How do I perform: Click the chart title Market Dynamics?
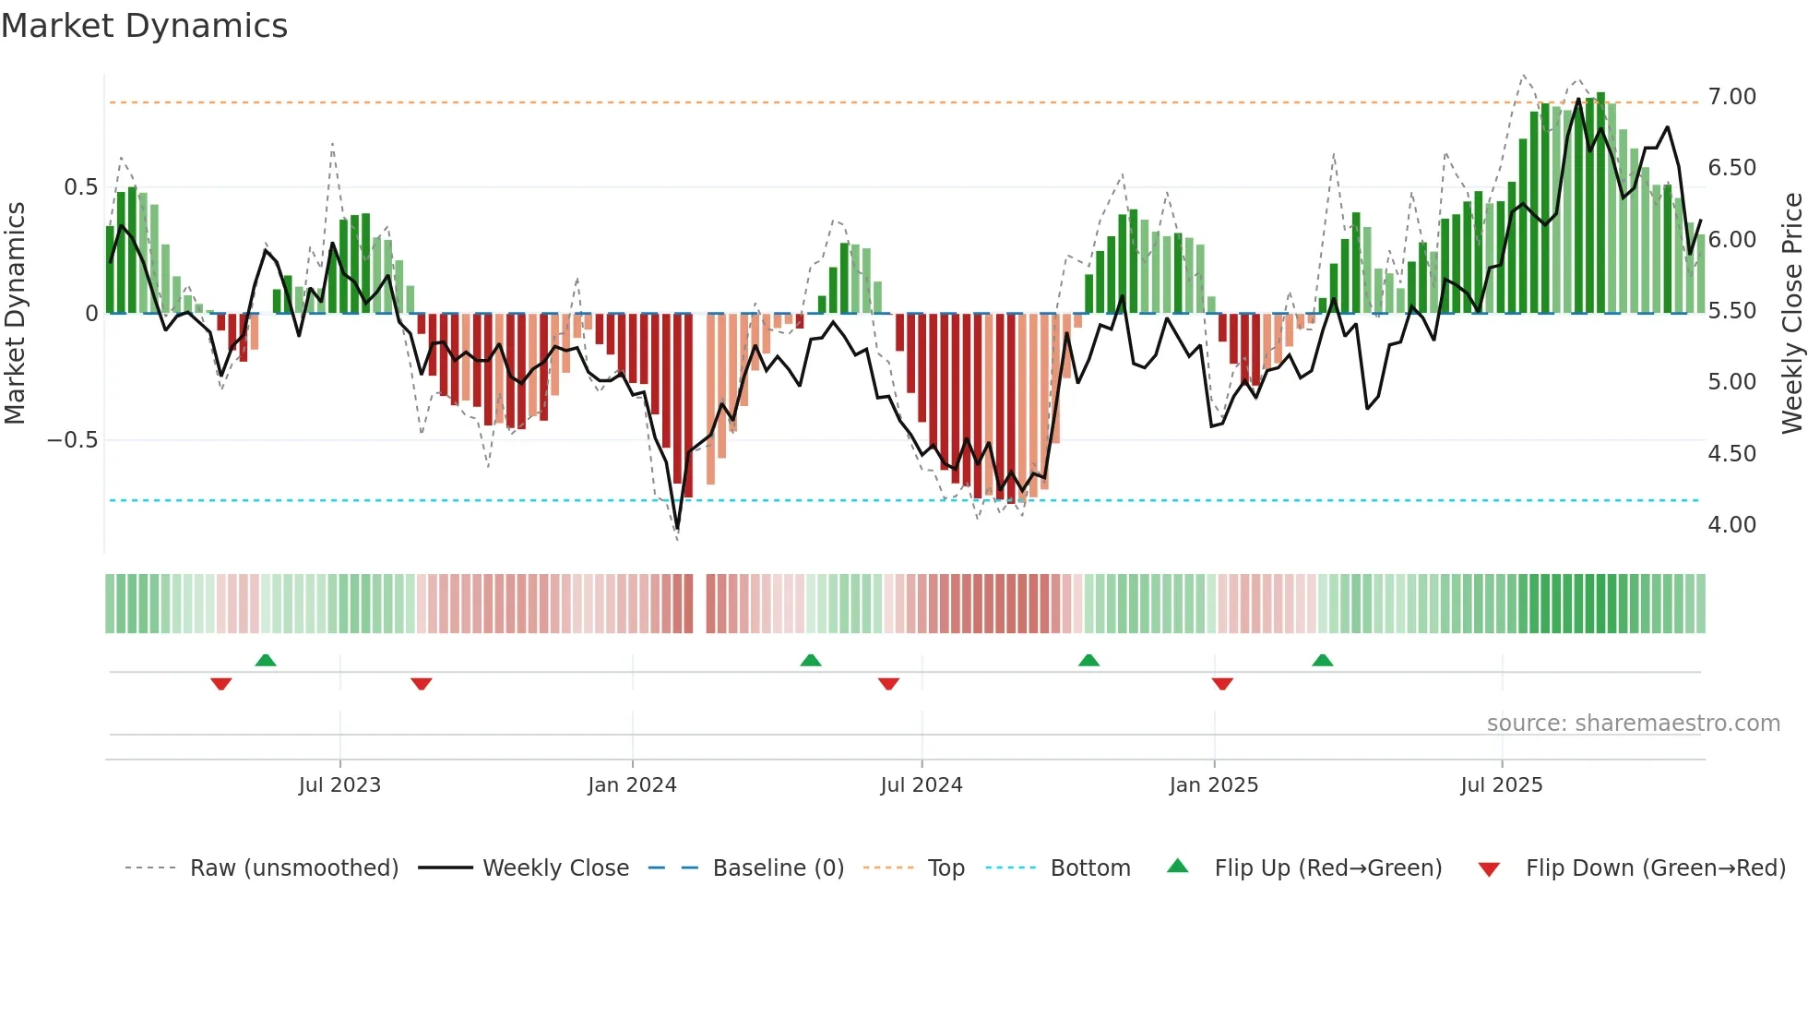145,26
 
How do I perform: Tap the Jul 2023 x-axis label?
339,785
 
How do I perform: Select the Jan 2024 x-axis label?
632,785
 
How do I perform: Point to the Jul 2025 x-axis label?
1501,785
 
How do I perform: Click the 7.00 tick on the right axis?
1731,97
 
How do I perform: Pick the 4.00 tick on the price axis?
1731,525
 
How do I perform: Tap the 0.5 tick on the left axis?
80,187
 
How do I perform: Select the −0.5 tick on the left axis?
73,440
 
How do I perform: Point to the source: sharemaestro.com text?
1633,724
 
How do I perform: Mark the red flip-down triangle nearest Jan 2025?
1222,684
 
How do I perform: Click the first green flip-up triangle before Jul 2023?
266,660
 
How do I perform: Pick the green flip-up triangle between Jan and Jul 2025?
1322,660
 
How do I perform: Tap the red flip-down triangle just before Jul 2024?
888,684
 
